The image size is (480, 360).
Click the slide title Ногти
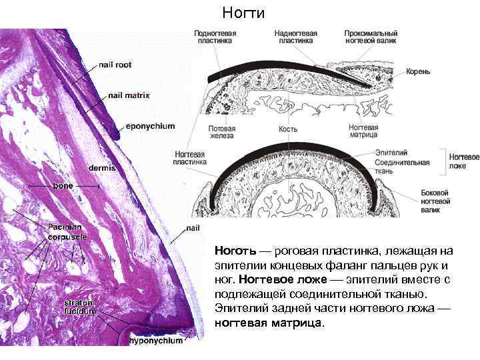pos(243,13)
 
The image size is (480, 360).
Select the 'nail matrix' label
pos(129,95)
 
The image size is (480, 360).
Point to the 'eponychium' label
pos(150,126)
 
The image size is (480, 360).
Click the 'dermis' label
pos(102,168)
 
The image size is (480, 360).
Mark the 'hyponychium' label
pos(155,341)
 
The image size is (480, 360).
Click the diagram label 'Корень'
pos(420,71)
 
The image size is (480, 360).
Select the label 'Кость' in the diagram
pos(288,129)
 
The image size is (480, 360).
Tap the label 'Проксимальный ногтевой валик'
pos(371,37)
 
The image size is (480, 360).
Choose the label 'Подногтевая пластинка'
pos(215,37)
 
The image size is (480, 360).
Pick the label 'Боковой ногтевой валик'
pos(435,201)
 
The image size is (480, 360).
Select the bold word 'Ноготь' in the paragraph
pos(235,251)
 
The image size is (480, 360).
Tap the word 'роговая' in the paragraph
pos(301,251)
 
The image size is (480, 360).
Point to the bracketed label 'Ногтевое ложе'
pos(464,161)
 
